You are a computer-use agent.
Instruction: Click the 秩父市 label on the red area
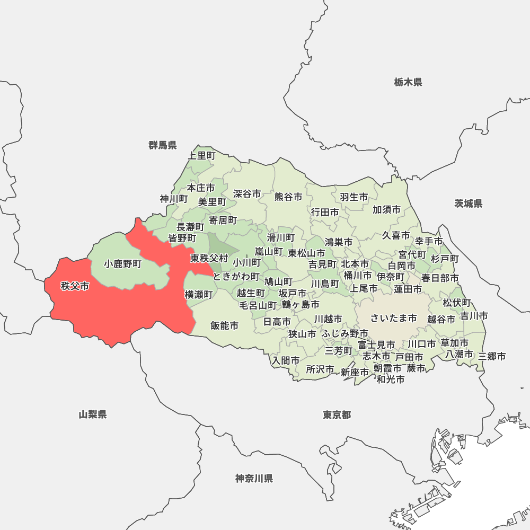tap(75, 287)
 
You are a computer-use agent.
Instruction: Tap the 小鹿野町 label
tap(123, 263)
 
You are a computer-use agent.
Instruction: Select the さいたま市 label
tap(393, 318)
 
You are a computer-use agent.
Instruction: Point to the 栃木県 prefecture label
tap(408, 82)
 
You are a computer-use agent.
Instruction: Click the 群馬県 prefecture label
tap(163, 145)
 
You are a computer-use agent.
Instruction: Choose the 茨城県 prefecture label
tap(469, 204)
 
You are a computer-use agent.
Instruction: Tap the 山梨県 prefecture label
tap(93, 414)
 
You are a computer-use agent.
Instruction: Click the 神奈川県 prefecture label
tap(254, 479)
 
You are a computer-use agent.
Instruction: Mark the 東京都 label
tap(337, 414)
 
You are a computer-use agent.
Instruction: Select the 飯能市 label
tap(224, 325)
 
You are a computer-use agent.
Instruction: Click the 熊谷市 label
tap(288, 197)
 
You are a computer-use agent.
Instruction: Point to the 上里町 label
tap(202, 156)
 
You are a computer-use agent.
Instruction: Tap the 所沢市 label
tap(320, 369)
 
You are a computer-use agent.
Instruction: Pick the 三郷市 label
tap(492, 356)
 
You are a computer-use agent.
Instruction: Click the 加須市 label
tap(386, 209)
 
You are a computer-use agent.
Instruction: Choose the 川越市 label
tap(328, 319)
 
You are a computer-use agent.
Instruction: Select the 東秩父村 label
tap(209, 259)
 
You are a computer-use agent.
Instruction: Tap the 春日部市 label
tap(440, 278)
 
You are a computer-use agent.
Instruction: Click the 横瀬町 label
tap(198, 295)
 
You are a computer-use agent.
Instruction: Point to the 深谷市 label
tap(247, 194)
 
